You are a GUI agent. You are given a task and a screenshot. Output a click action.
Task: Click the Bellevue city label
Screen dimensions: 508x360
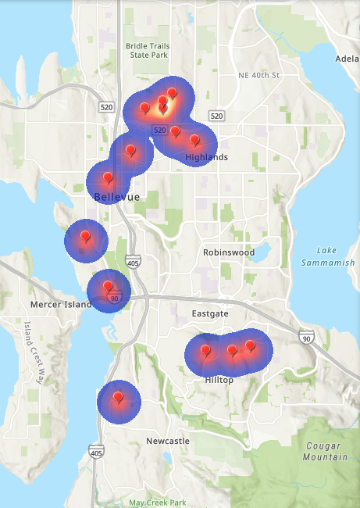tap(116, 197)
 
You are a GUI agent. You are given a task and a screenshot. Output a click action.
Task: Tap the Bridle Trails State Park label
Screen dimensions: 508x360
tap(147, 51)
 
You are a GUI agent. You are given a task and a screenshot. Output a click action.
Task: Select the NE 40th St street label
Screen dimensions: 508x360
tap(258, 75)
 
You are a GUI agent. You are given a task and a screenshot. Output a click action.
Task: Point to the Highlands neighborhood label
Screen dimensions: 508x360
tap(207, 157)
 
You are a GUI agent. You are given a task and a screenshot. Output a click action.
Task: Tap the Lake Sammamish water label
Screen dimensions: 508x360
tap(328, 256)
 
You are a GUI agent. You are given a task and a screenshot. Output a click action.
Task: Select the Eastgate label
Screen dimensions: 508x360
tap(210, 313)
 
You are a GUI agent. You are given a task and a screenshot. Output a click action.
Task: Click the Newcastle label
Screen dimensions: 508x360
tap(168, 442)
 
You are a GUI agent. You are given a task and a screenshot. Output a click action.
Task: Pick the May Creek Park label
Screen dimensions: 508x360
tap(158, 503)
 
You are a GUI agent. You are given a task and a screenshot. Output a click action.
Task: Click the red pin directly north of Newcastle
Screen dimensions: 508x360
tap(118, 399)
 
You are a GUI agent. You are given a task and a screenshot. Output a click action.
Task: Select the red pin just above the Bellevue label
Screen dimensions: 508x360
tap(108, 179)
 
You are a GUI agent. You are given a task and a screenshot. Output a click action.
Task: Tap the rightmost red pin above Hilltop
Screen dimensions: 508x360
tap(250, 345)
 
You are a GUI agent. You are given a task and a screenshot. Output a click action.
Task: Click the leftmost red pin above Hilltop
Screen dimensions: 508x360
tap(205, 351)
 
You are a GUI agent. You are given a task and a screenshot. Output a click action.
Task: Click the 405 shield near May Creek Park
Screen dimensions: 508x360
tap(96, 453)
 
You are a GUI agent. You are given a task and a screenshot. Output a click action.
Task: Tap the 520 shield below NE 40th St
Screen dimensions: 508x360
tap(216, 116)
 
